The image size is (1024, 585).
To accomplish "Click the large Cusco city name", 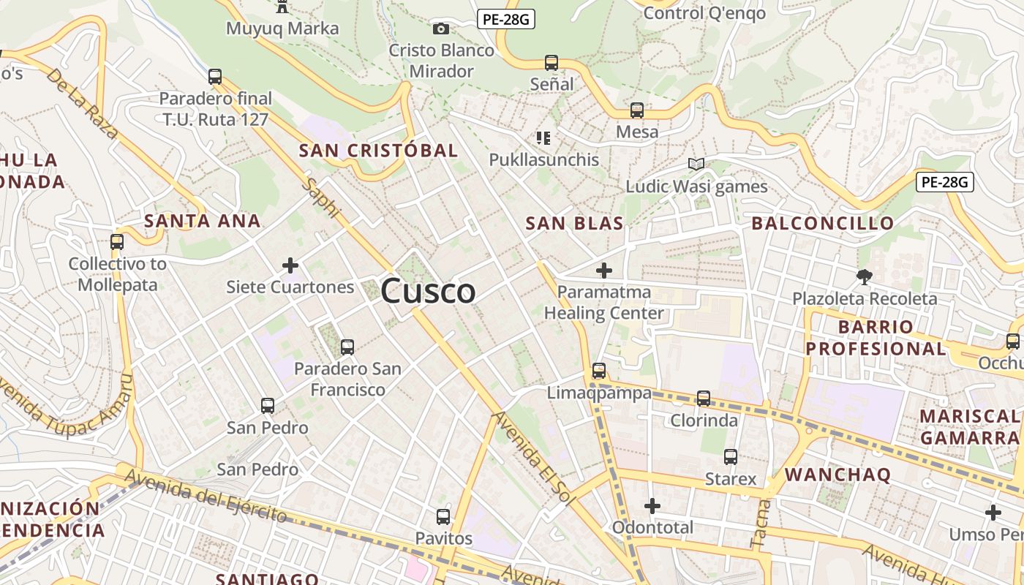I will (428, 291).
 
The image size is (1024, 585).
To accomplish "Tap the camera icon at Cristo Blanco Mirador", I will (440, 29).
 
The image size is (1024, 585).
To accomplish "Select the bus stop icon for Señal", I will (551, 63).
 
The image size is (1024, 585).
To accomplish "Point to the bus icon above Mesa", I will (637, 110).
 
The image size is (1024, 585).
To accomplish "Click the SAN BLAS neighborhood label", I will (574, 224).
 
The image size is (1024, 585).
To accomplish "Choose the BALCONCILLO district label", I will (823, 223).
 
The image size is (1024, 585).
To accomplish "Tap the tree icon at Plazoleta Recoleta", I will (865, 277).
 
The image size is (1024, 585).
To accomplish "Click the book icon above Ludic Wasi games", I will (696, 165).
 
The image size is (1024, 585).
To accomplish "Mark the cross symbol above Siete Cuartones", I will (290, 265).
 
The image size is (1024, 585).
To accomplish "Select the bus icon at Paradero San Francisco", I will (347, 347).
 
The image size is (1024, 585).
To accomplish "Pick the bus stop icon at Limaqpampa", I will (599, 371).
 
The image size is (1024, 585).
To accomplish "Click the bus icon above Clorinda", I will (704, 399).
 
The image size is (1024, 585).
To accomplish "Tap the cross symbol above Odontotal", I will (652, 505).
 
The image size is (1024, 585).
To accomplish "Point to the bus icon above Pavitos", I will (443, 517).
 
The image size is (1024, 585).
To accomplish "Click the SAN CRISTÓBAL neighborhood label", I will (378, 151).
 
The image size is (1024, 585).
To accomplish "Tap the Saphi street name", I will (323, 197).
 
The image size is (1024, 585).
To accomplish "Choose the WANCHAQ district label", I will (838, 475).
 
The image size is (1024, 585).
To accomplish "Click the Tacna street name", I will (760, 524).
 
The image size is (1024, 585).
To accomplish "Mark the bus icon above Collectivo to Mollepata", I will (117, 241).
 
